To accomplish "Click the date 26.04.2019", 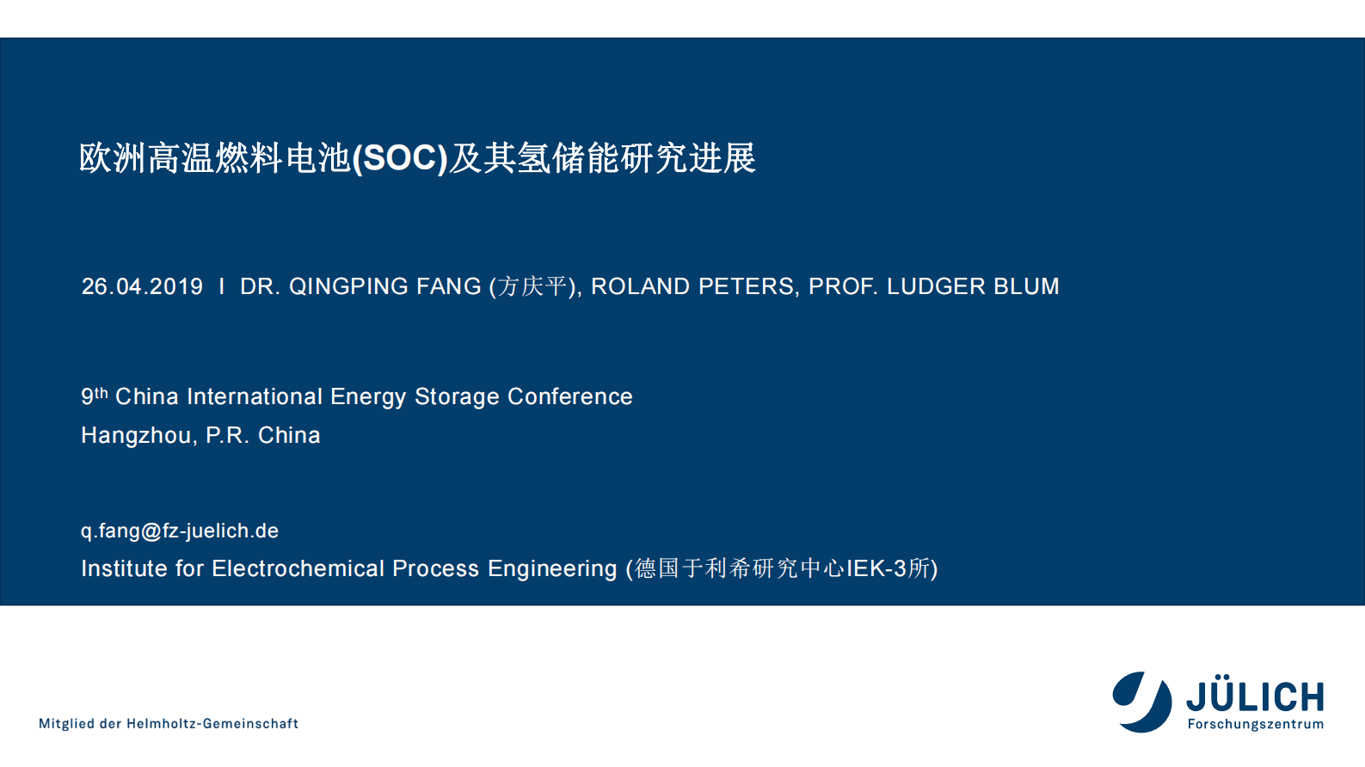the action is click(142, 286).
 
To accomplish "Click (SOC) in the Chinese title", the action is click(400, 158).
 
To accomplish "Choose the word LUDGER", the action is click(936, 286).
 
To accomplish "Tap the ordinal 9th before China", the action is click(95, 396).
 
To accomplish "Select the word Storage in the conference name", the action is click(457, 396).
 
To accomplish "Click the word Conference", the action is click(569, 396).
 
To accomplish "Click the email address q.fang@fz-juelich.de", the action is click(180, 531).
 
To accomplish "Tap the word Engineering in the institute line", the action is click(552, 569).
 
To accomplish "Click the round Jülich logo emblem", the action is click(1142, 702).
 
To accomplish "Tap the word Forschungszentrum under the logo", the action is click(1256, 724).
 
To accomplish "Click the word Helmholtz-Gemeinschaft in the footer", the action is click(212, 724).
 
